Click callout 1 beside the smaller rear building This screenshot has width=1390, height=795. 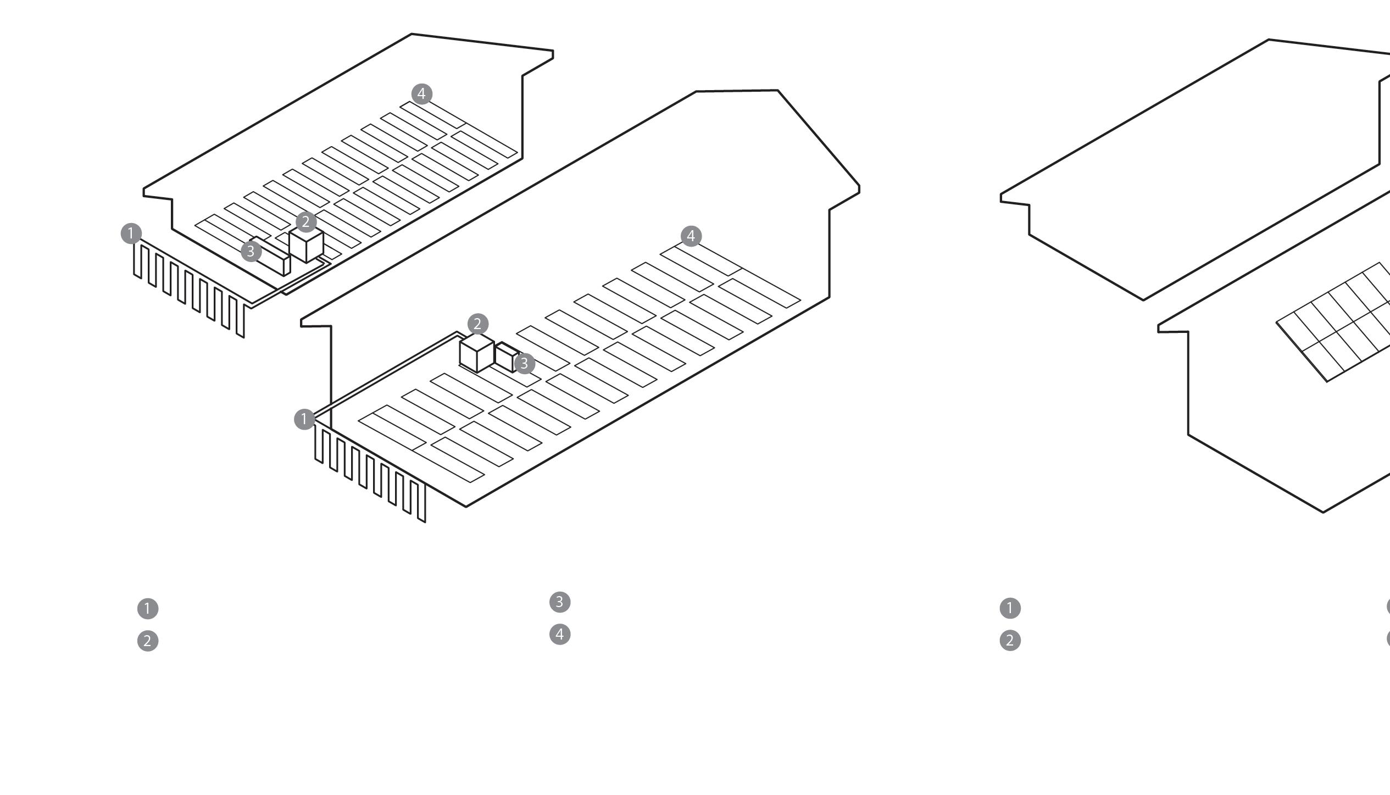(x=131, y=234)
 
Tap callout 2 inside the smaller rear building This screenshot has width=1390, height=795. (x=306, y=222)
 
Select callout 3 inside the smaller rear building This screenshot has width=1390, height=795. (x=251, y=251)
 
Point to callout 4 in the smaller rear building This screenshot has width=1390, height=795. (x=421, y=94)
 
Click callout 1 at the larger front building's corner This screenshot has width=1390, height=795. (x=304, y=419)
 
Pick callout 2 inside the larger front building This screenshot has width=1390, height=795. (x=477, y=324)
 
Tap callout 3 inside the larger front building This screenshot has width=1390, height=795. (x=524, y=363)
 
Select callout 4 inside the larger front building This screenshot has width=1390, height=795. (x=691, y=236)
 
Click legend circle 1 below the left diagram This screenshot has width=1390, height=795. (x=147, y=609)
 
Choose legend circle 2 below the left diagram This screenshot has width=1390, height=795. (x=147, y=641)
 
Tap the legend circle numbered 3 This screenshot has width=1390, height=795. (x=560, y=602)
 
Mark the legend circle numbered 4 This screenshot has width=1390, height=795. (x=560, y=635)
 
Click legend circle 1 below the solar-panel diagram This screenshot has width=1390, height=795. (x=1010, y=608)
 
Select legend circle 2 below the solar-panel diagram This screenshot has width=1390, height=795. (x=1010, y=640)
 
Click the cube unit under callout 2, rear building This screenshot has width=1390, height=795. (x=306, y=246)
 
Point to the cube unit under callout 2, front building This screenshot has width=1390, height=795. (x=476, y=354)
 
